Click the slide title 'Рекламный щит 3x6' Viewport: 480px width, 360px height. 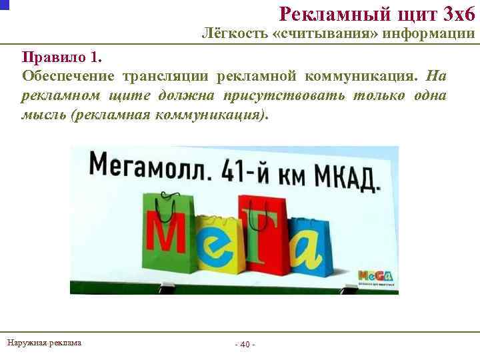point(376,13)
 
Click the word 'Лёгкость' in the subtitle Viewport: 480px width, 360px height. point(233,34)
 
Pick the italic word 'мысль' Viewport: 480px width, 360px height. point(45,114)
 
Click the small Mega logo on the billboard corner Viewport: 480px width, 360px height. point(375,276)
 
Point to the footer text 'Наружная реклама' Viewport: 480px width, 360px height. point(44,343)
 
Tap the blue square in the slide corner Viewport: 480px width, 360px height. point(5,5)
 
